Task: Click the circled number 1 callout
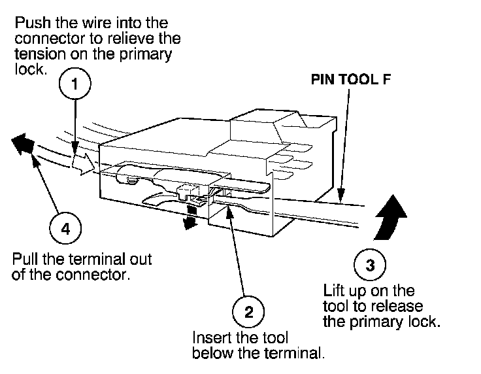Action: (76, 84)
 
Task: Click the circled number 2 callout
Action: (248, 311)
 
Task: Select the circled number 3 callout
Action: (371, 265)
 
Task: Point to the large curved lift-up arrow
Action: (390, 215)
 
